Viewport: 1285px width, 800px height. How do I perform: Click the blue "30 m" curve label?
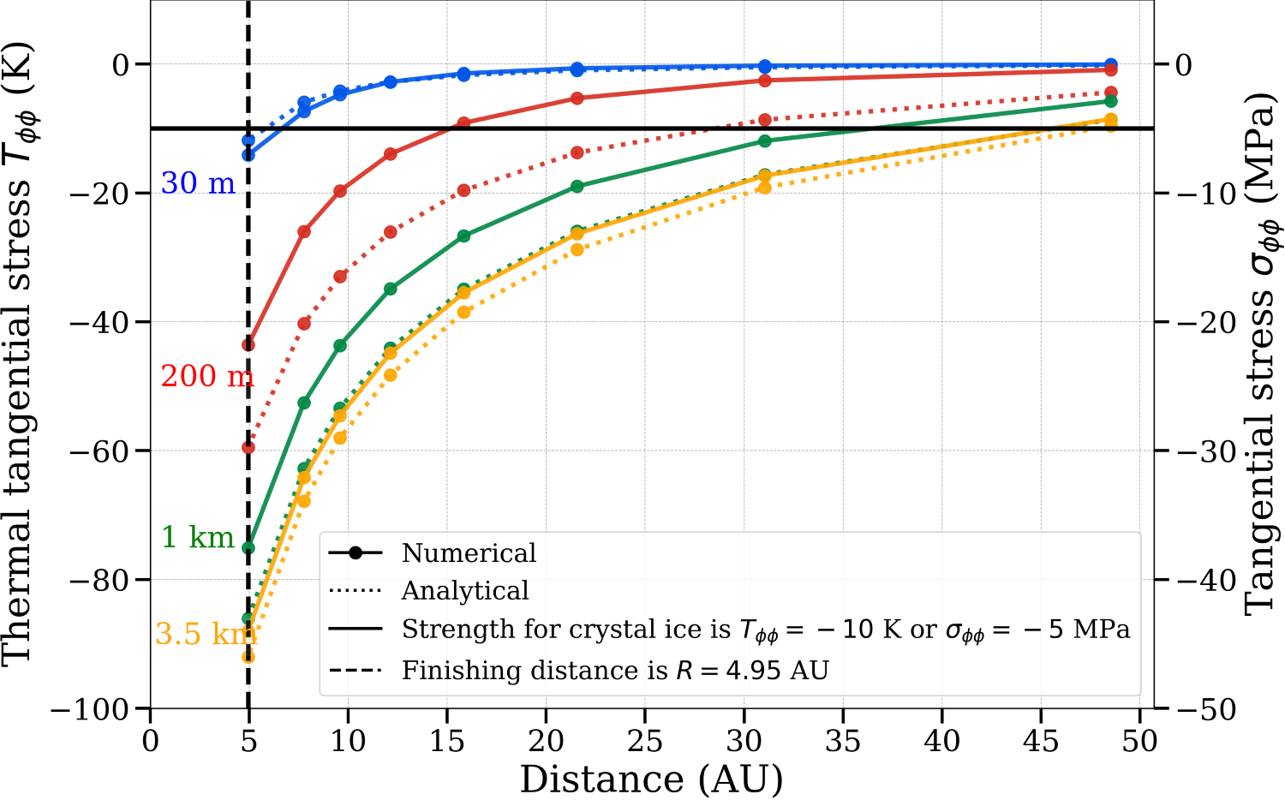click(198, 183)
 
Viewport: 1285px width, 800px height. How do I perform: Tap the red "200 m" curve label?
click(206, 376)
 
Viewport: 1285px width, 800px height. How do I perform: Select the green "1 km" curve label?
click(198, 537)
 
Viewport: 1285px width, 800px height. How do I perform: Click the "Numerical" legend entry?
click(469, 553)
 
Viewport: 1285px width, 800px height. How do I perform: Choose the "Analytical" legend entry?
click(465, 591)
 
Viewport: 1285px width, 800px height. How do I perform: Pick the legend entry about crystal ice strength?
click(765, 630)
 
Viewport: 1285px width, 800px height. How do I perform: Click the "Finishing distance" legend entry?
click(615, 670)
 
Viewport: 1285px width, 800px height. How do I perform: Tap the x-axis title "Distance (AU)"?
click(651, 779)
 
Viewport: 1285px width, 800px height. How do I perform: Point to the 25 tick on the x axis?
click(645, 740)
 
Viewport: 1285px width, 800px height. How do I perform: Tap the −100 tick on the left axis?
click(96, 709)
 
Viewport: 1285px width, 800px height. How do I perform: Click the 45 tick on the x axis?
click(1041, 740)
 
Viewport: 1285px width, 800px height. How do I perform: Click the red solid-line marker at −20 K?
click(340, 191)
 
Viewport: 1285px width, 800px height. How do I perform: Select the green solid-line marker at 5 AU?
click(248, 548)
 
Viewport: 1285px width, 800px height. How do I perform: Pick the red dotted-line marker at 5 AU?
click(248, 447)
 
